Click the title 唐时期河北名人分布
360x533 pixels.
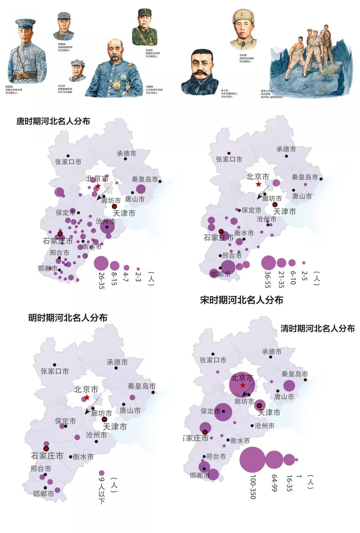tap(53, 121)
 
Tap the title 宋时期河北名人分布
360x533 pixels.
tap(241, 300)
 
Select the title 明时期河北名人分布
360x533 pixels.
tap(68, 318)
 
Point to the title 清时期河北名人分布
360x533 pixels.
tap(317, 329)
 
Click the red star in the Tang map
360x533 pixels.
tap(98, 186)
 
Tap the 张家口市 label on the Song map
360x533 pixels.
tap(229, 159)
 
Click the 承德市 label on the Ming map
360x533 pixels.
tap(117, 362)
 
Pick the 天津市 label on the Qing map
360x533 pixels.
tap(269, 413)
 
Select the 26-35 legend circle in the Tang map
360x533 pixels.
tap(101, 263)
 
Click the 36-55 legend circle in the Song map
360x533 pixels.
tap(268, 263)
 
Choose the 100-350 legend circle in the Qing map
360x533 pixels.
tap(252, 459)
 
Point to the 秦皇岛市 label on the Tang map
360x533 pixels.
tap(145, 179)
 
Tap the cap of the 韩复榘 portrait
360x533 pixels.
tap(26, 23)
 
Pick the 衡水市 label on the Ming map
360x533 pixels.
tap(83, 457)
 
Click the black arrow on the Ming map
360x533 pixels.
tap(92, 406)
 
